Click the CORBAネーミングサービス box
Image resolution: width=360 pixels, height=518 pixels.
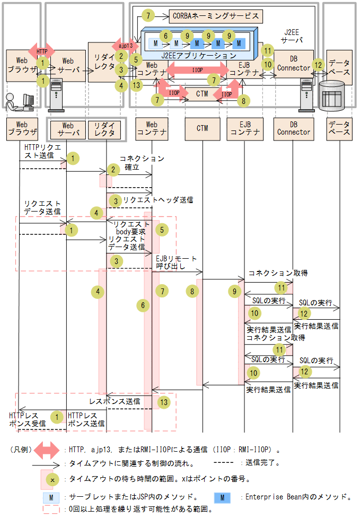pyautogui.click(x=215, y=16)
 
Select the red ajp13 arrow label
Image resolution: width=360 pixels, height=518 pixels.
pyautogui.click(x=126, y=46)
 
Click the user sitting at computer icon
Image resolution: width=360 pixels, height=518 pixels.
pyautogui.click(x=20, y=101)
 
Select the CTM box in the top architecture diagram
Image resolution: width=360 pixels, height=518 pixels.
pyautogui.click(x=202, y=94)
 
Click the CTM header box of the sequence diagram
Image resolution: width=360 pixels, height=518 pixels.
pyautogui.click(x=202, y=128)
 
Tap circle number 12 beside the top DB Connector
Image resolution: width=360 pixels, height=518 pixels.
pyautogui.click(x=318, y=65)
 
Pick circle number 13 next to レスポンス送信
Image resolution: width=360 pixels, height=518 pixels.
pyautogui.click(x=164, y=402)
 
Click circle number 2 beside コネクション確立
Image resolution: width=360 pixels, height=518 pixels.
pyautogui.click(x=112, y=169)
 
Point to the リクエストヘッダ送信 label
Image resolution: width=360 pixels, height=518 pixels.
pyautogui.click(x=158, y=200)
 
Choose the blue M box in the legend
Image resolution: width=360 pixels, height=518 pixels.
pyautogui.click(x=222, y=497)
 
